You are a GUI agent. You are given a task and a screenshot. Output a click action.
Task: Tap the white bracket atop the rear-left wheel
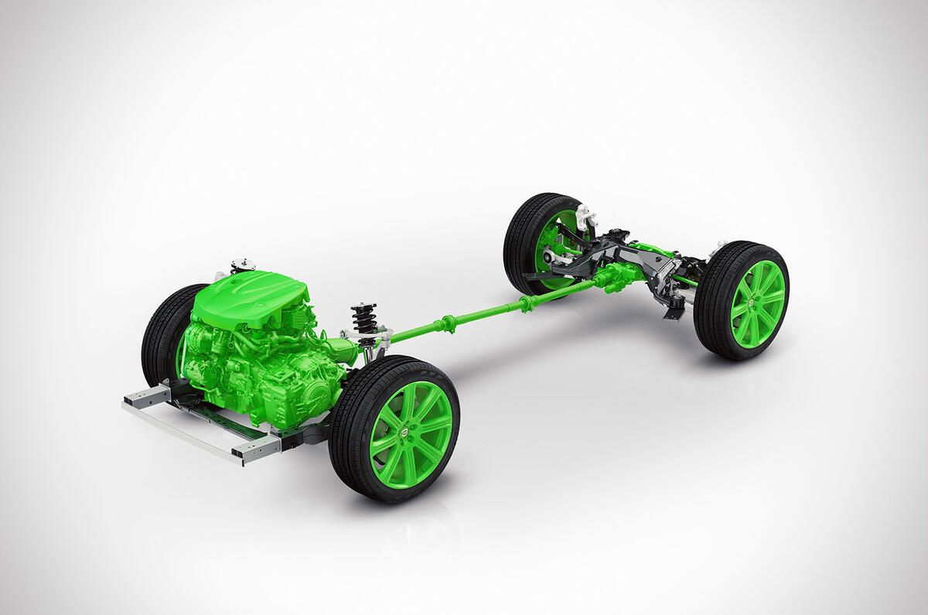pyautogui.click(x=585, y=216)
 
